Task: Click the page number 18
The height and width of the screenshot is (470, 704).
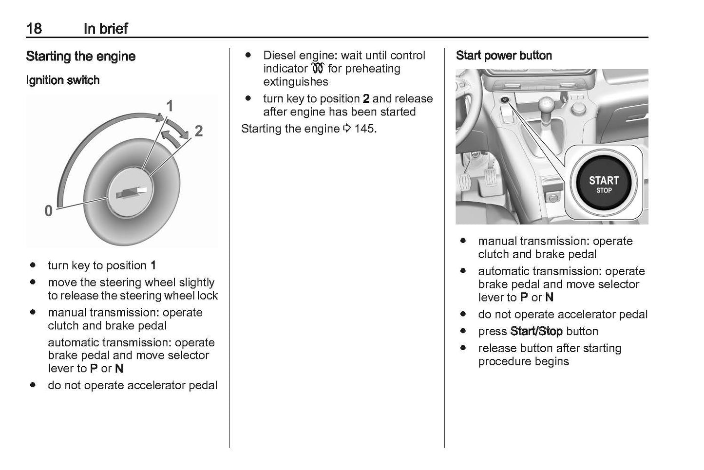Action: [x=34, y=28]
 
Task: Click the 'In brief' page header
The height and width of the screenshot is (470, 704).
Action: [x=105, y=28]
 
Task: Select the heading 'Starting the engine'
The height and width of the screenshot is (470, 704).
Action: [x=80, y=56]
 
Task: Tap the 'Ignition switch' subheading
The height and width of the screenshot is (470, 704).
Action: [x=62, y=80]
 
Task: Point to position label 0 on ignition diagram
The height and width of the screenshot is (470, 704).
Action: [x=48, y=211]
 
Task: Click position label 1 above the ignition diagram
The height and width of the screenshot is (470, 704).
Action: [x=170, y=106]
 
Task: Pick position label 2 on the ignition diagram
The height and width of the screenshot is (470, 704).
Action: [x=198, y=131]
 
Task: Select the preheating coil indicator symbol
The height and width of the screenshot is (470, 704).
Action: [x=318, y=69]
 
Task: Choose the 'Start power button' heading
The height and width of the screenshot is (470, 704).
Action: [x=503, y=56]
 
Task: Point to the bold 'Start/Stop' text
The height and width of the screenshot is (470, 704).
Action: [x=536, y=332]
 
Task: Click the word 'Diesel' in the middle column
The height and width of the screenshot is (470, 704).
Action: [x=280, y=56]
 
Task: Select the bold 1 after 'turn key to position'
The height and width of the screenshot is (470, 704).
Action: [x=153, y=265]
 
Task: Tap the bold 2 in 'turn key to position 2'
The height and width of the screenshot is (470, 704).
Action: [x=366, y=99]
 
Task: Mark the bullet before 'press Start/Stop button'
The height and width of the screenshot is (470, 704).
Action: [x=463, y=331]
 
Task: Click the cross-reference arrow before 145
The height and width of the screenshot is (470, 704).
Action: [x=347, y=129]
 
